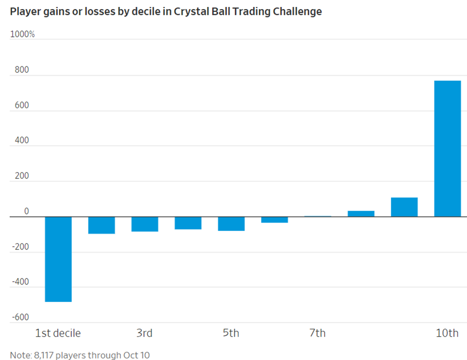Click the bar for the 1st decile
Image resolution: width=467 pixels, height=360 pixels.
click(58, 259)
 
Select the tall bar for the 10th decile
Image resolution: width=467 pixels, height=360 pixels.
click(447, 149)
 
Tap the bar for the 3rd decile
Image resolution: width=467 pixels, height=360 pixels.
click(145, 224)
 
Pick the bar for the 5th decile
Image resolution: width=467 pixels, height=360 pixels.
click(231, 224)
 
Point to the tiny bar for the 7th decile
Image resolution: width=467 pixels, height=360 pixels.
click(318, 216)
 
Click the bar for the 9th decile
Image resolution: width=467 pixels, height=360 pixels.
click(404, 207)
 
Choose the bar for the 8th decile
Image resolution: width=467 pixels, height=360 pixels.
click(361, 214)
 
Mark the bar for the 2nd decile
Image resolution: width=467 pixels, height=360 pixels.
click(102, 225)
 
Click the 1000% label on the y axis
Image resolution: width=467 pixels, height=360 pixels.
click(22, 34)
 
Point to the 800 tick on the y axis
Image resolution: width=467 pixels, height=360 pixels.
click(22, 70)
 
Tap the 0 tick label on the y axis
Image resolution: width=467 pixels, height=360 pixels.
click(27, 211)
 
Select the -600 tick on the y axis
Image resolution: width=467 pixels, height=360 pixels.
click(21, 317)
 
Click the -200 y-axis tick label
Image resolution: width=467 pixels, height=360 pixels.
click(21, 247)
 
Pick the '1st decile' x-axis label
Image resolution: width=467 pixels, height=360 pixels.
click(58, 333)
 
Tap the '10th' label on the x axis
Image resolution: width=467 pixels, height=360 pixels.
click(447, 333)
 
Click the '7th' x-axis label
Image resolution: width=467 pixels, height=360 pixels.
click(317, 333)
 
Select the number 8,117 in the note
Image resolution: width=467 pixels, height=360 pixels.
click(44, 355)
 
